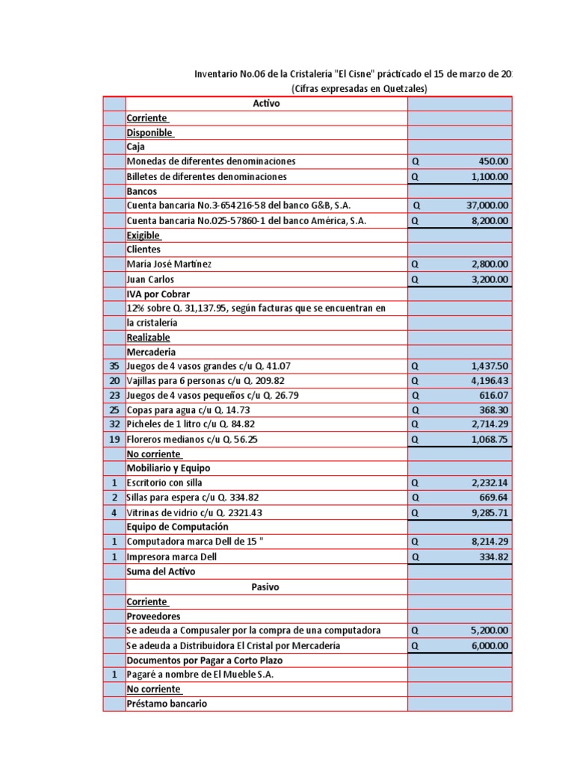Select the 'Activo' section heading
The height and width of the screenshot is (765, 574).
(x=266, y=104)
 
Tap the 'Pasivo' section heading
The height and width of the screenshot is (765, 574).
(x=265, y=587)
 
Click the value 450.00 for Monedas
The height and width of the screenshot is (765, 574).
(x=493, y=161)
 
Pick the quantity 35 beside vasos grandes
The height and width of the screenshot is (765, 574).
(x=114, y=366)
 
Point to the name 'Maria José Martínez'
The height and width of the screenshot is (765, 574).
(x=174, y=264)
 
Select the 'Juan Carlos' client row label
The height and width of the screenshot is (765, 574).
(x=150, y=279)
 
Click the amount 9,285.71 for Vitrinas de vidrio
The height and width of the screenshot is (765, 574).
(x=490, y=513)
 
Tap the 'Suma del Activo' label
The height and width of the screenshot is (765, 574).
(x=161, y=572)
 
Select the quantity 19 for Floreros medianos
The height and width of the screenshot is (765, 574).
(x=114, y=440)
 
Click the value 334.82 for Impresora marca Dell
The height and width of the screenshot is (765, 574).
(x=493, y=557)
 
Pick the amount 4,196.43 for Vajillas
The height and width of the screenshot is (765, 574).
(x=490, y=381)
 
